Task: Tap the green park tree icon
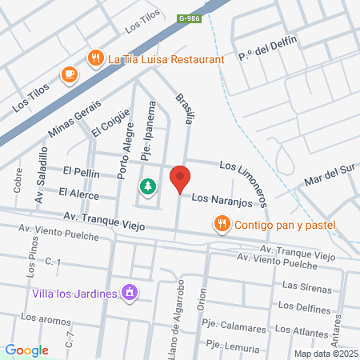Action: [x=148, y=187]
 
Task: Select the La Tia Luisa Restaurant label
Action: [x=166, y=58]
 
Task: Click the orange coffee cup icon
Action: [x=70, y=74]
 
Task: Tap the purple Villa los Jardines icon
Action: [x=127, y=294]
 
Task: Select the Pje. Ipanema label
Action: [x=146, y=137]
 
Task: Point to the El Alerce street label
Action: [x=78, y=194]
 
